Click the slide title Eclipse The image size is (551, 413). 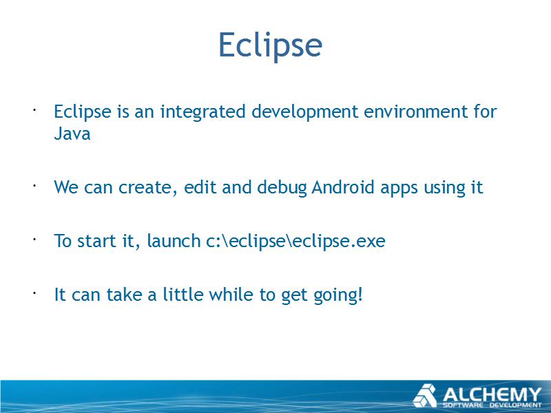(270, 45)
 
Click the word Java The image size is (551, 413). (72, 134)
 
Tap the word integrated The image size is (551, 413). (202, 112)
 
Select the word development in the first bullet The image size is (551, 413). (304, 112)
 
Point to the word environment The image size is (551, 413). (416, 112)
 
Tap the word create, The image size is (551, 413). (148, 188)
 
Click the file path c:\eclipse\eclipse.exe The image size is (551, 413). (295, 242)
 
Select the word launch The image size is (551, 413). (174, 241)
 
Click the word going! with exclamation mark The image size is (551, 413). (337, 295)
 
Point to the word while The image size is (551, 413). (231, 295)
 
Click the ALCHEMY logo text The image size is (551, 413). (492, 394)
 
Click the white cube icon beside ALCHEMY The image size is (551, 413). (425, 396)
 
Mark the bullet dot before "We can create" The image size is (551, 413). (34, 185)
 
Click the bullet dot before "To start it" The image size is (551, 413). (34, 239)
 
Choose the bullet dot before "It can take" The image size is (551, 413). (34, 293)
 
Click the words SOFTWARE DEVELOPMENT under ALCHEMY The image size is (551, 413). (492, 405)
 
